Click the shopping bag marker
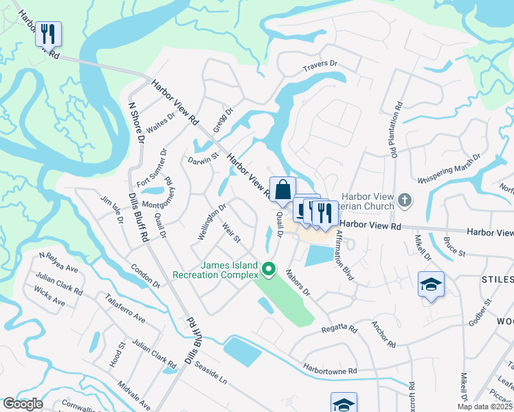[x=282, y=190]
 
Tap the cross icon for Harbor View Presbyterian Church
[x=405, y=201]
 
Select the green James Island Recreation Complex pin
[x=270, y=268]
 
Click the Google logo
[x=23, y=404]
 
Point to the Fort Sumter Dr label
[x=152, y=169]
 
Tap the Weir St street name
[x=231, y=233]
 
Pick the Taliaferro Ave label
[x=125, y=308]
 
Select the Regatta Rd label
[x=340, y=330]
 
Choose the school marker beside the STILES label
[x=431, y=285]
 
